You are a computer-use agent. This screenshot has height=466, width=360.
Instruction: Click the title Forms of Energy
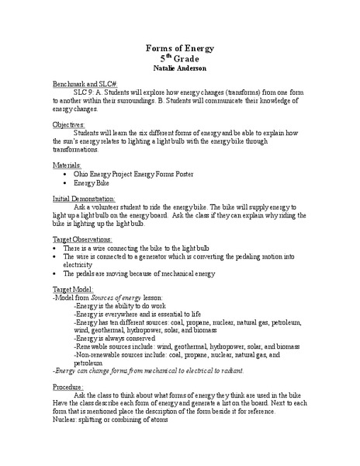[x=180, y=48]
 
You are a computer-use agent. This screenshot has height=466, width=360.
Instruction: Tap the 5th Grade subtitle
[x=180, y=58]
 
